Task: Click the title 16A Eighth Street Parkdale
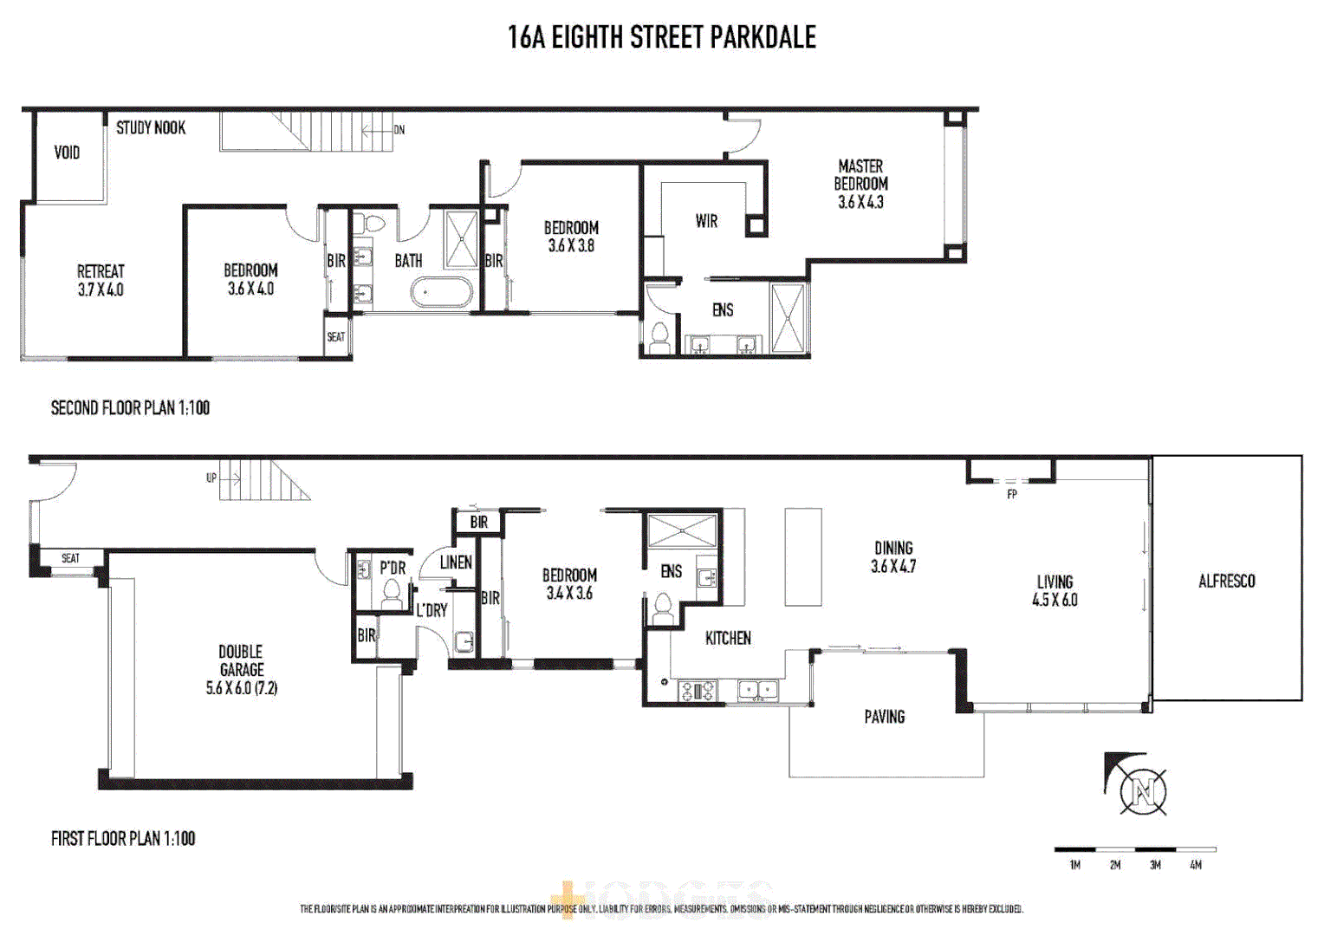[661, 37]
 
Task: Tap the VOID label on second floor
[67, 153]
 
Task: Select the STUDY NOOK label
[151, 127]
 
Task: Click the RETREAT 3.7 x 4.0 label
[101, 280]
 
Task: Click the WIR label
[706, 221]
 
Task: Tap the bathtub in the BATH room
[442, 293]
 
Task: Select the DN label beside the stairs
[399, 130]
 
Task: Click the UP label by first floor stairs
[211, 478]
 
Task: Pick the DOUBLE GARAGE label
[241, 669]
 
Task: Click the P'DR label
[393, 568]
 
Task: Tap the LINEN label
[456, 562]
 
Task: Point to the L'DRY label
[432, 610]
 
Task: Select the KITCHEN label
[728, 638]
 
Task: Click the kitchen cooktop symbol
[697, 691]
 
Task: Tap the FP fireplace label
[1011, 494]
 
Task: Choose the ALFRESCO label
[1226, 581]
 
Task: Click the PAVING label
[884, 717]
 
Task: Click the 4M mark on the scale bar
[1196, 865]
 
